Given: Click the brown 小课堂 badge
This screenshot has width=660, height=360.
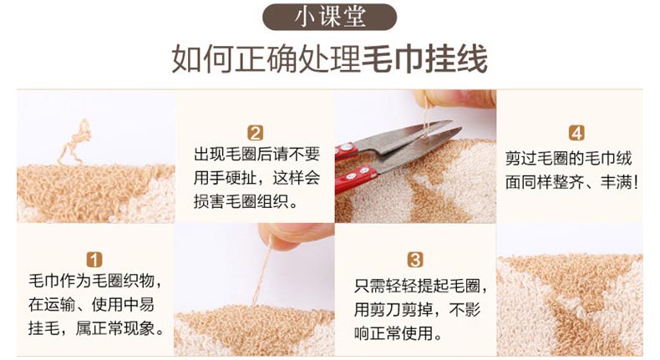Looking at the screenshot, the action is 329,17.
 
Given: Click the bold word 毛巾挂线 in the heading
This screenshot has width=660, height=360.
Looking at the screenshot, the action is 424,59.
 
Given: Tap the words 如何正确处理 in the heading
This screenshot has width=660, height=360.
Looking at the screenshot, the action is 266,59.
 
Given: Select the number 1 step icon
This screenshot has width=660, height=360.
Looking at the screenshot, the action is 94,260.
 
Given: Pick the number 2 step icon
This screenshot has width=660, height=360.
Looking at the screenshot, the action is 255,133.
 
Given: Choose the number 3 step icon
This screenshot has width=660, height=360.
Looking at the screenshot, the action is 415,260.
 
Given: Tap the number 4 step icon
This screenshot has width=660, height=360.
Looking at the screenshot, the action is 576,133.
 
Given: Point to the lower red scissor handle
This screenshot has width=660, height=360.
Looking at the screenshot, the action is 356,179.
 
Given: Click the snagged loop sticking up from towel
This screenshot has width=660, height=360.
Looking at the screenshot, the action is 76,142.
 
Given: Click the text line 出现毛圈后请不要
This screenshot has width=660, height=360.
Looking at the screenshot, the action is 256,155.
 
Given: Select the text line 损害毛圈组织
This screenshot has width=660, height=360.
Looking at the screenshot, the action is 246,201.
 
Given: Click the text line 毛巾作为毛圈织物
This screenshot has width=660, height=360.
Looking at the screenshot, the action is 94,281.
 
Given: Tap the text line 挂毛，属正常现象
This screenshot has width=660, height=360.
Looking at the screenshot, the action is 97,328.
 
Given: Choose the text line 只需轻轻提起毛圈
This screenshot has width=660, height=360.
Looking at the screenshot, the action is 420,286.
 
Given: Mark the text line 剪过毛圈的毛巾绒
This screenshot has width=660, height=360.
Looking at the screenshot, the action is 569,159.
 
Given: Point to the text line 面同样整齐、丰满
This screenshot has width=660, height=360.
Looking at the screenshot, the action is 571,183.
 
